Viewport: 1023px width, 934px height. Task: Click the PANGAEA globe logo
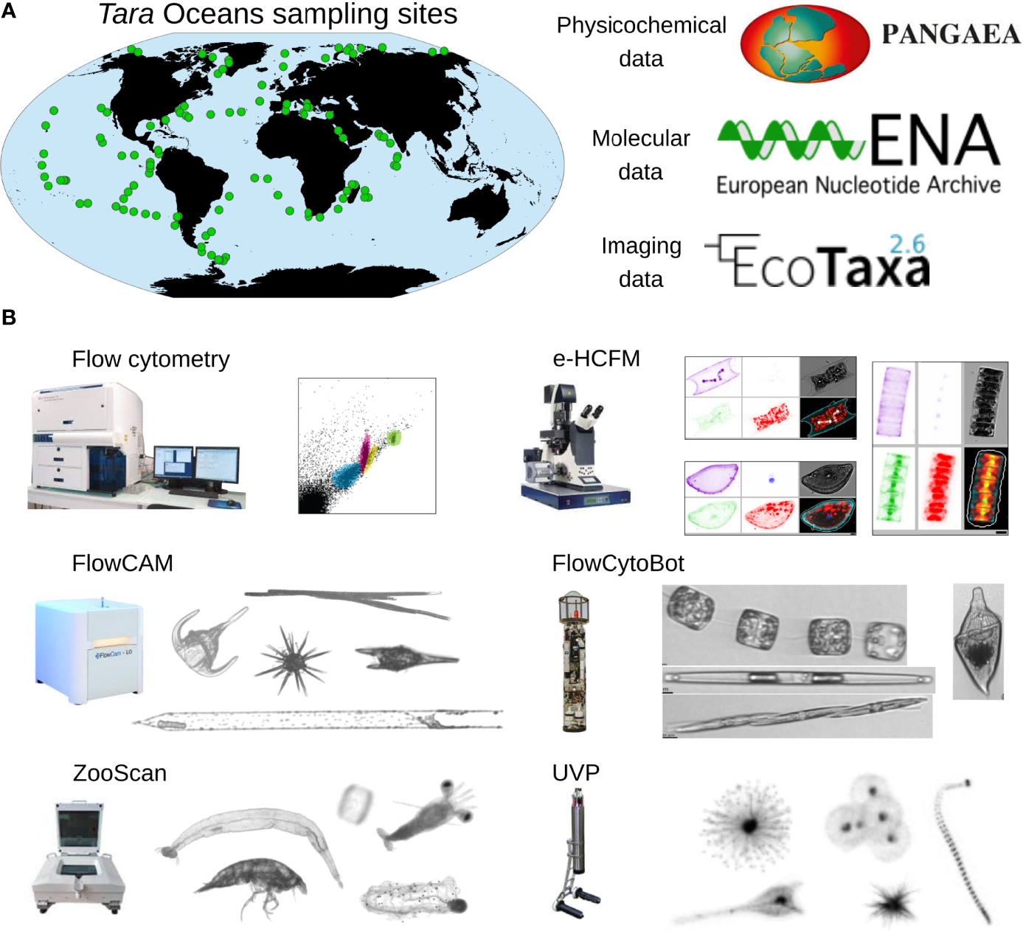tap(805, 45)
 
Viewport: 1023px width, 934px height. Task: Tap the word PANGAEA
tap(951, 35)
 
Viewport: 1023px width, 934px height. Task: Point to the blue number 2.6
tap(906, 244)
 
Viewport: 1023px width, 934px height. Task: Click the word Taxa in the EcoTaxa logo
tap(876, 266)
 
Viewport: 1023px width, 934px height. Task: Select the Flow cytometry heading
tap(150, 359)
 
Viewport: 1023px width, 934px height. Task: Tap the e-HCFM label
tap(596, 359)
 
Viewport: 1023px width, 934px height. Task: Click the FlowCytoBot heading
tap(617, 564)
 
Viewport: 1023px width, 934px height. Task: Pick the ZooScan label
tap(119, 773)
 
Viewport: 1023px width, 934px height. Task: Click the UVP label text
tap(575, 773)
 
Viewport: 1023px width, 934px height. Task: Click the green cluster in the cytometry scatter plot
tap(395, 437)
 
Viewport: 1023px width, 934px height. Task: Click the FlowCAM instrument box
tap(89, 649)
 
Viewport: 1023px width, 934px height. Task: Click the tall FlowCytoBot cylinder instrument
tap(574, 662)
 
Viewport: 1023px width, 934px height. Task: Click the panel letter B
tap(9, 317)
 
